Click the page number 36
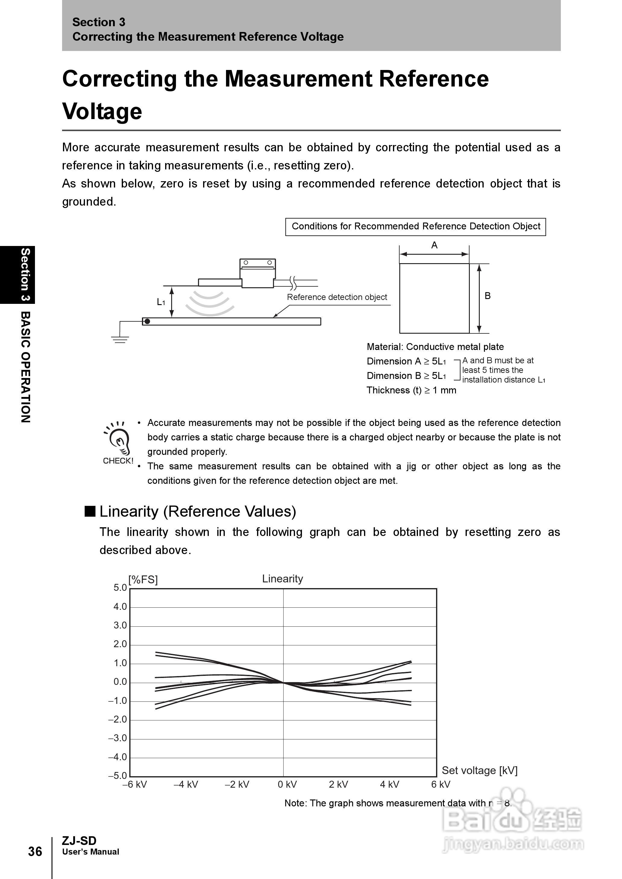(x=35, y=851)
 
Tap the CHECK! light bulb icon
(x=118, y=441)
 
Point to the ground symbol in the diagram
(x=120, y=339)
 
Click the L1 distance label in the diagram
(x=161, y=302)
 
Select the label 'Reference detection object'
(x=337, y=297)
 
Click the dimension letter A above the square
(x=434, y=245)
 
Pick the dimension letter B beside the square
(x=487, y=296)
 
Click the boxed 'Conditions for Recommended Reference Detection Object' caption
(x=416, y=226)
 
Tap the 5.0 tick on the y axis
(x=120, y=588)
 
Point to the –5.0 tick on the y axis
(x=118, y=776)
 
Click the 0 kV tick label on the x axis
(x=287, y=784)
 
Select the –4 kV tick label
(x=186, y=784)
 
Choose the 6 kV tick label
(x=441, y=784)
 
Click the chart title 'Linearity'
(x=282, y=579)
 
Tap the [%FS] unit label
(x=143, y=579)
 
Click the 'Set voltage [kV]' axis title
(x=479, y=770)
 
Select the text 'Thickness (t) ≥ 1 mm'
(x=411, y=390)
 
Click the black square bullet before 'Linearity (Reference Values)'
(x=90, y=511)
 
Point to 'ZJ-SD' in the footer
(x=79, y=841)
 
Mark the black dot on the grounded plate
(x=147, y=321)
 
